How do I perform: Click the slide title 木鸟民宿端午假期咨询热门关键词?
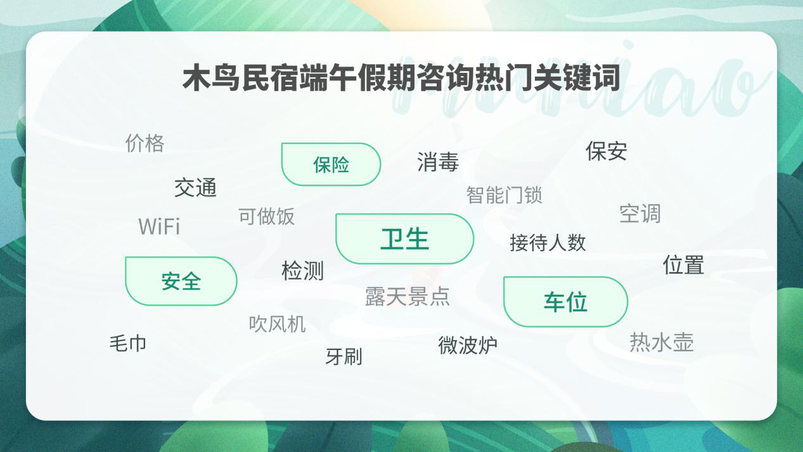pyautogui.click(x=401, y=79)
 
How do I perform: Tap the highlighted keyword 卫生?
pyautogui.click(x=404, y=239)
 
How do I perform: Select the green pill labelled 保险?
pyautogui.click(x=331, y=165)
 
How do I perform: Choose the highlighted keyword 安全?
pyautogui.click(x=181, y=281)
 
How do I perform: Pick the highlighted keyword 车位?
pyautogui.click(x=565, y=302)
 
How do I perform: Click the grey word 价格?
pyautogui.click(x=145, y=143)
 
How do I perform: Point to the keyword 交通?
pyautogui.click(x=195, y=188)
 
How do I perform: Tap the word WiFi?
pyautogui.click(x=159, y=226)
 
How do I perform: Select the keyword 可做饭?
pyautogui.click(x=266, y=216)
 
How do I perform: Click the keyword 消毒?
pyautogui.click(x=437, y=162)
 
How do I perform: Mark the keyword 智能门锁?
pyautogui.click(x=504, y=195)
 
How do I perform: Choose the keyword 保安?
pyautogui.click(x=606, y=151)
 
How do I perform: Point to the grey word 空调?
pyautogui.click(x=639, y=214)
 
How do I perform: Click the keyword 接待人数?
pyautogui.click(x=548, y=242)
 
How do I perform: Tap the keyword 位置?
pyautogui.click(x=683, y=264)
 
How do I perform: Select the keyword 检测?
pyautogui.click(x=302, y=271)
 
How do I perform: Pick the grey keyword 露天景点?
pyautogui.click(x=407, y=296)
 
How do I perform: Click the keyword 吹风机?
pyautogui.click(x=277, y=324)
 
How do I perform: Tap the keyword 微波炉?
pyautogui.click(x=467, y=345)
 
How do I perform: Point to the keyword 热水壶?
pyautogui.click(x=661, y=342)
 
